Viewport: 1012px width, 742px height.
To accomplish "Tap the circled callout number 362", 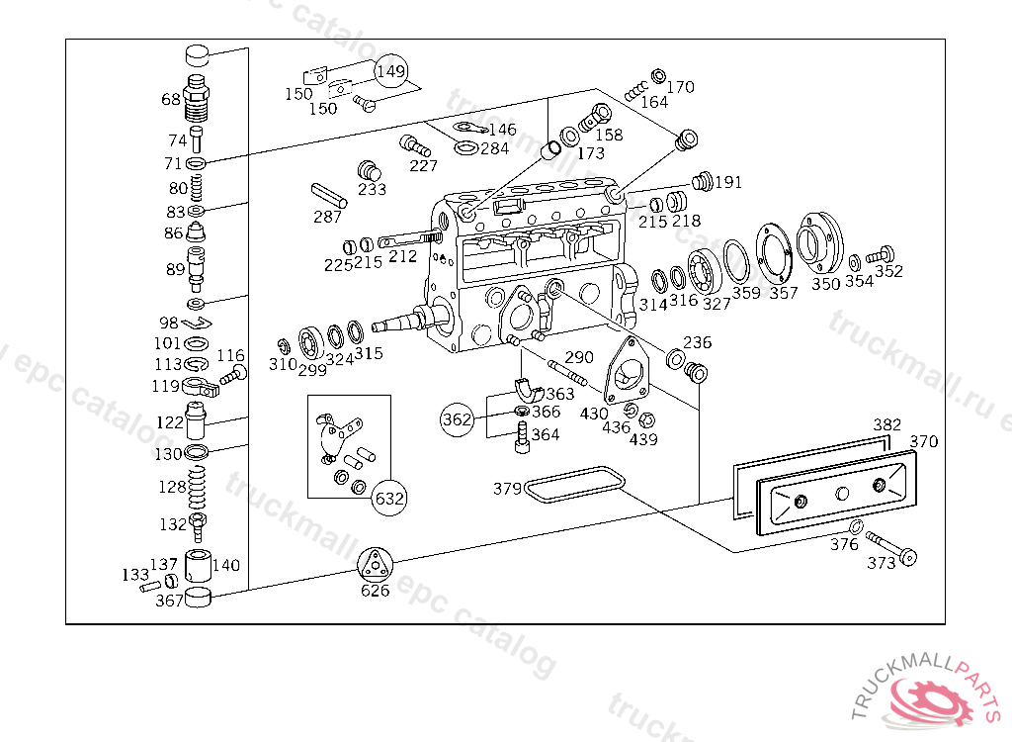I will click(457, 418).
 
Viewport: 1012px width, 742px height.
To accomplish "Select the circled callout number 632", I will click(388, 498).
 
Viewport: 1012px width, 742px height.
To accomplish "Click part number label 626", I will click(375, 591).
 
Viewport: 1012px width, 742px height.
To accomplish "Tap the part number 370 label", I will click(924, 442).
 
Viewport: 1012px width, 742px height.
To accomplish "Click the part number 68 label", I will click(171, 99).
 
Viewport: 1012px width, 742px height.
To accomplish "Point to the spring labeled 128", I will click(198, 486).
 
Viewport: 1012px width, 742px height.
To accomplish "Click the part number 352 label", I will click(888, 272).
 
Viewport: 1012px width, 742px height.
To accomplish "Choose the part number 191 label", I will click(728, 182).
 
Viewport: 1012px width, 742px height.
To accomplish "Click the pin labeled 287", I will click(328, 193).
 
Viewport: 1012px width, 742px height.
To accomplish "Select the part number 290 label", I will click(579, 357).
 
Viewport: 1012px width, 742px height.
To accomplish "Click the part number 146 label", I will click(502, 130).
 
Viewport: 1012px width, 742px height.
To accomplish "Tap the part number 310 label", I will click(284, 364).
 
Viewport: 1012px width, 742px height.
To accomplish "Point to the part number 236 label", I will click(698, 342).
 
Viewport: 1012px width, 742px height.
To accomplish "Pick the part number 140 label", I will click(226, 565).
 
